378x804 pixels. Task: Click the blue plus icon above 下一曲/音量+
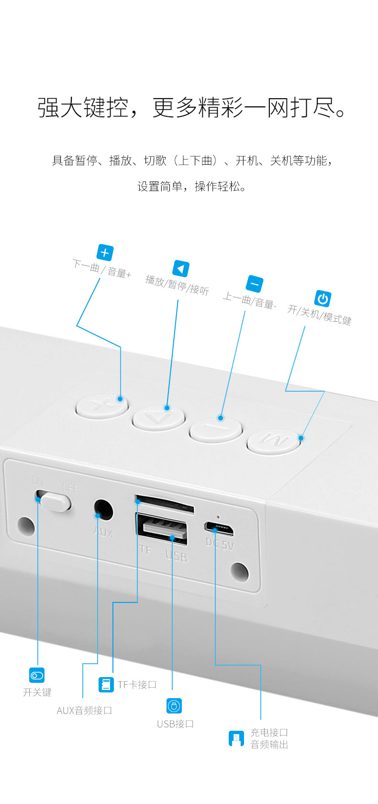pos(105,253)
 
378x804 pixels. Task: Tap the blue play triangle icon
pos(181,269)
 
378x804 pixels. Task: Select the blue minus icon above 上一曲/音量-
pos(254,284)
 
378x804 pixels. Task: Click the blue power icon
pos(323,299)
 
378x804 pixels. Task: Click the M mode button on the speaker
pos(273,441)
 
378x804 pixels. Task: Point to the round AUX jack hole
pos(103,510)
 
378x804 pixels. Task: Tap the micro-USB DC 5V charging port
pos(219,528)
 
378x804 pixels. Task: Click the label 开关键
pos(37,692)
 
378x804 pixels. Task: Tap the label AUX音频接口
pos(84,710)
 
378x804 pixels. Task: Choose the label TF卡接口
pos(137,684)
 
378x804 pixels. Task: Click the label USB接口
pos(176,724)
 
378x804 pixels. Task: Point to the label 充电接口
pos(269,732)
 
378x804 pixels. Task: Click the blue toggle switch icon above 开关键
pos(36,676)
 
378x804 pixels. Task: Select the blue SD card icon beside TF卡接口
pos(106,684)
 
